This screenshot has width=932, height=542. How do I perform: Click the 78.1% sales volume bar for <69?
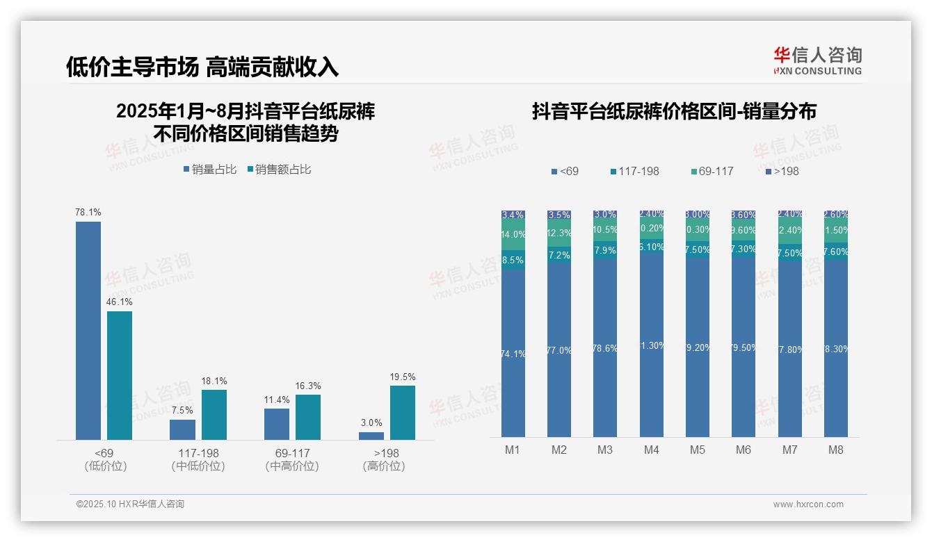[88, 330]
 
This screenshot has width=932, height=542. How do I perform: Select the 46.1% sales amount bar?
[120, 375]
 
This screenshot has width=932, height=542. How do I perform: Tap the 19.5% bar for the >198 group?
[402, 413]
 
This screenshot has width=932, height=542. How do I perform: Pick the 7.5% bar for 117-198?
[182, 429]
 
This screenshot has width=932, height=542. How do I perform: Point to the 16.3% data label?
[307, 386]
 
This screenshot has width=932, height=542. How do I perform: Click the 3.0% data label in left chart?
[371, 422]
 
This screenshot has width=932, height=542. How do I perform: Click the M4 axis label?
[651, 450]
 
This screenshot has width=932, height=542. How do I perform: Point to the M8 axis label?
[835, 450]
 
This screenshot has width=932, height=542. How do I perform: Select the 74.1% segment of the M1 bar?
[513, 354]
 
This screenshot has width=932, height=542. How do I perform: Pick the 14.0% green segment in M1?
[513, 235]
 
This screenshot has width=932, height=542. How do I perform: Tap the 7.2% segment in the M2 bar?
[559, 255]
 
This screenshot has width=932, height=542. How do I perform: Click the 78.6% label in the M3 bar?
[605, 348]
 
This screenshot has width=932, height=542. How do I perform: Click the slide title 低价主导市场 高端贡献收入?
[202, 66]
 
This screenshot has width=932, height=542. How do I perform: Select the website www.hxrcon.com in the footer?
[808, 504]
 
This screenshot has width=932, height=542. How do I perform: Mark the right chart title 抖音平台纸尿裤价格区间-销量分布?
[674, 111]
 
